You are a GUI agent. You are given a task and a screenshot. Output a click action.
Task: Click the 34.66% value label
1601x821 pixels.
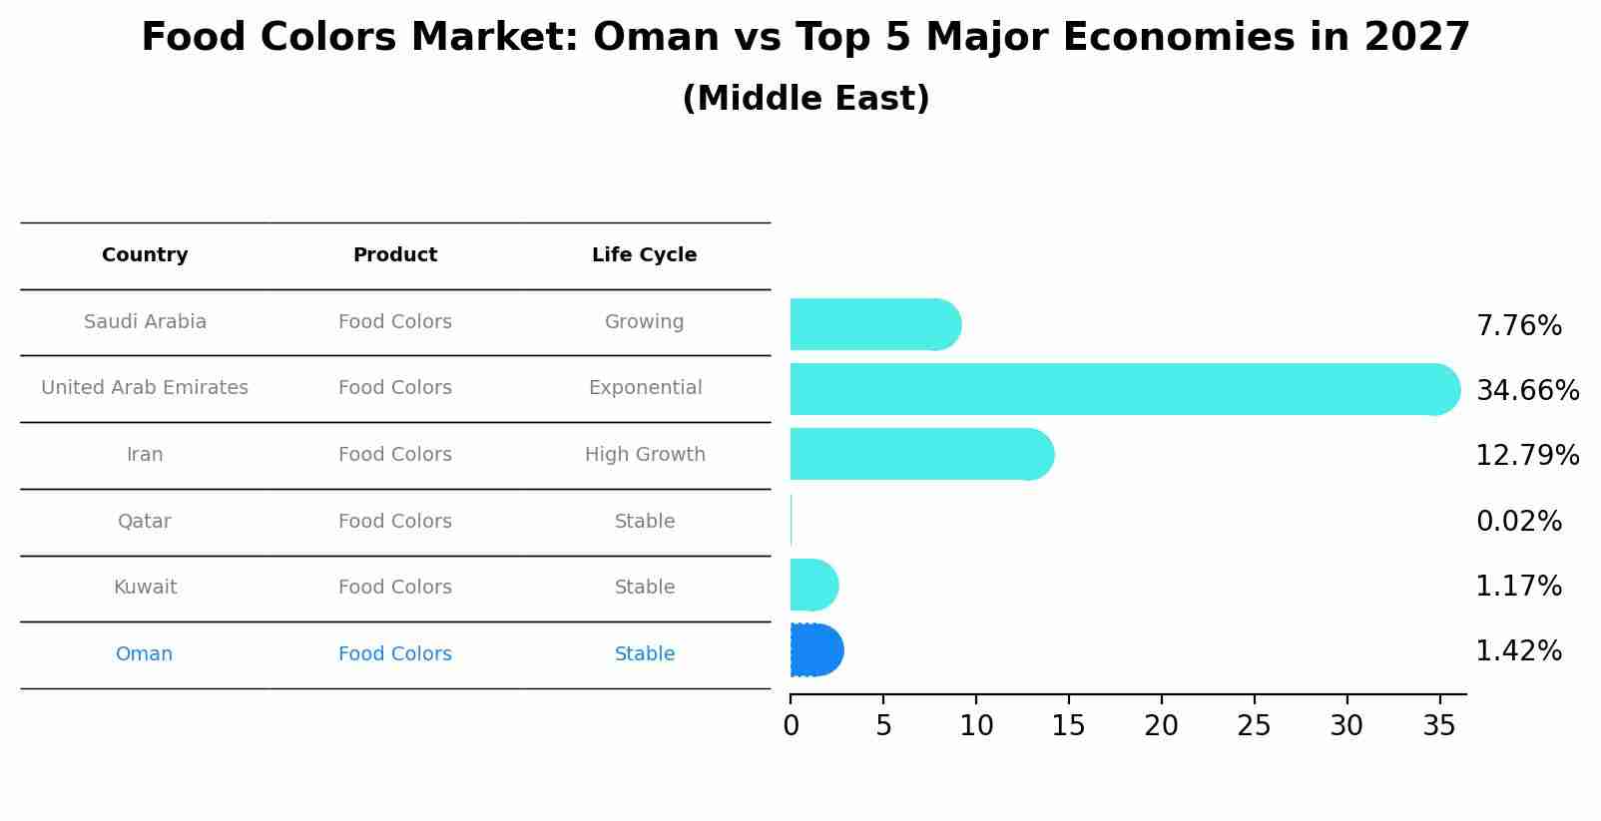coord(1527,390)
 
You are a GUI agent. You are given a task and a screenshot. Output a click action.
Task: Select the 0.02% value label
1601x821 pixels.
coord(1518,521)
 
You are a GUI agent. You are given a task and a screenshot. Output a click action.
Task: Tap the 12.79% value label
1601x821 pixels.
coord(1527,455)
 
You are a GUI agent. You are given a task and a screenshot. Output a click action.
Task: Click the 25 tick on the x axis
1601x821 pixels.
coord(1254,726)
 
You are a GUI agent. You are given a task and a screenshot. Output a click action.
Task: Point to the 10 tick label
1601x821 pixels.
coord(976,726)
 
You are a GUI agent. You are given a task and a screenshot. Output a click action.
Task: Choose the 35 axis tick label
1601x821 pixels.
coord(1439,726)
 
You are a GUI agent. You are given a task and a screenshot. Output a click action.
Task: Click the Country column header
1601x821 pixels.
coord(145,255)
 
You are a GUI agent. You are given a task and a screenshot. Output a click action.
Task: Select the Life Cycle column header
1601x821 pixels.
coord(644,255)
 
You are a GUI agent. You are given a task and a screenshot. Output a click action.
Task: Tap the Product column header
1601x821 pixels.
coord(395,255)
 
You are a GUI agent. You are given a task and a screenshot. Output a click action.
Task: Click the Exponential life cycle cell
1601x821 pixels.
coord(645,388)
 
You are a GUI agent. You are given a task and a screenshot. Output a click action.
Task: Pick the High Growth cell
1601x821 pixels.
coord(645,455)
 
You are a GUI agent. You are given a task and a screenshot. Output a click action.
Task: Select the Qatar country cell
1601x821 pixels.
coord(145,522)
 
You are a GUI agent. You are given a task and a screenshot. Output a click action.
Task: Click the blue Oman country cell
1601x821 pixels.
coord(145,654)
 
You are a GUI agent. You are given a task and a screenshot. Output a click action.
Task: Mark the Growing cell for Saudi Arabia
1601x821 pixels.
coord(644,322)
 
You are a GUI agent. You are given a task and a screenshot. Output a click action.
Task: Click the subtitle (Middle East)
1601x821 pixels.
coord(805,99)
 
